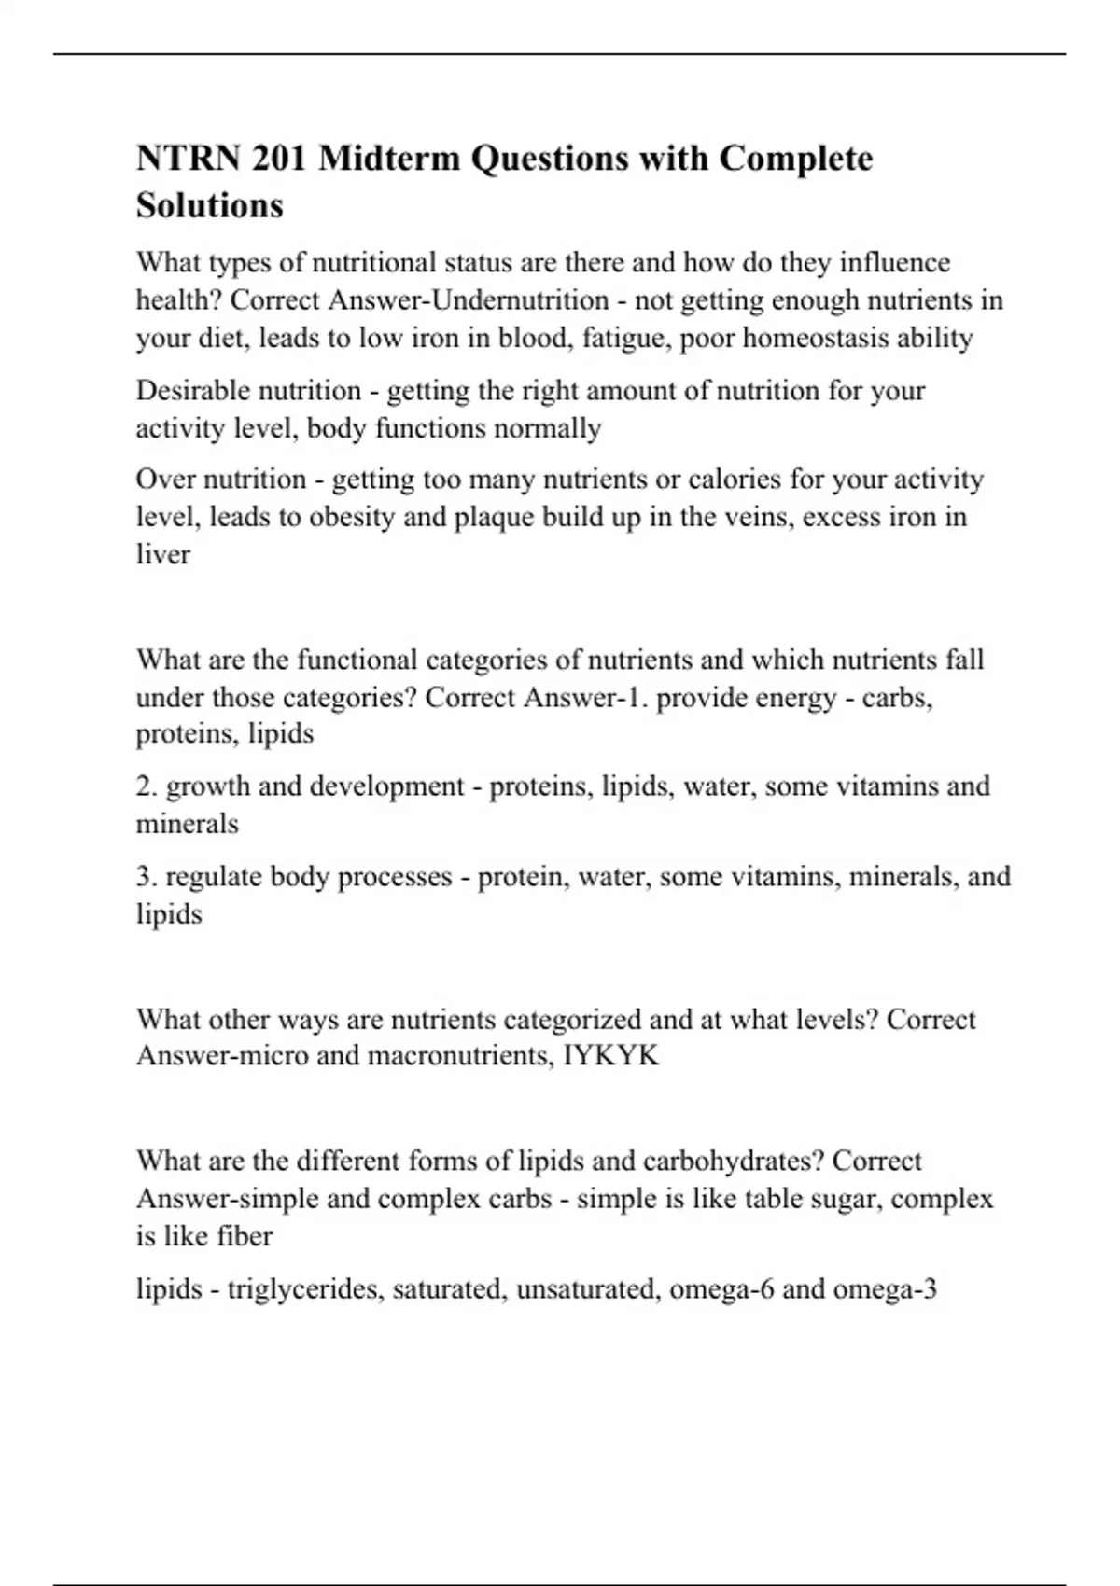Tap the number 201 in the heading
click(279, 159)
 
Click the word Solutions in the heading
click(209, 205)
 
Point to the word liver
click(163, 554)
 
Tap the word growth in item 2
click(207, 786)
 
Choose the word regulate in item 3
click(215, 877)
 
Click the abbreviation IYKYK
click(611, 1056)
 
